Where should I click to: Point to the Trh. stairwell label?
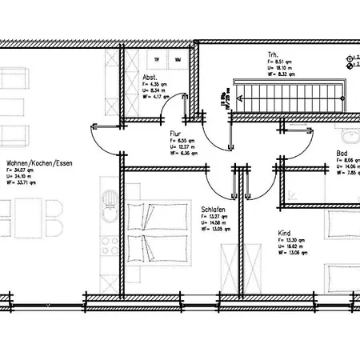pos(274,54)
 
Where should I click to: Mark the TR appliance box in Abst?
pos(157,60)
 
